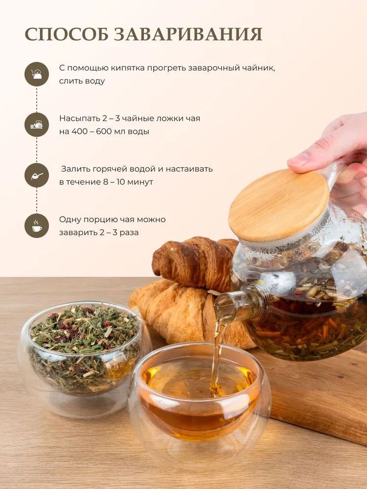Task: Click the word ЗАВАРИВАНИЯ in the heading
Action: pos(188,35)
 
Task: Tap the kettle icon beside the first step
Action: pos(37,74)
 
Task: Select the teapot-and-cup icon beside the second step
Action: pos(37,125)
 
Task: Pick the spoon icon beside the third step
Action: pos(37,175)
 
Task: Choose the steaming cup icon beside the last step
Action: pos(37,226)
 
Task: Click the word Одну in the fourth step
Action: pos(70,220)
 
